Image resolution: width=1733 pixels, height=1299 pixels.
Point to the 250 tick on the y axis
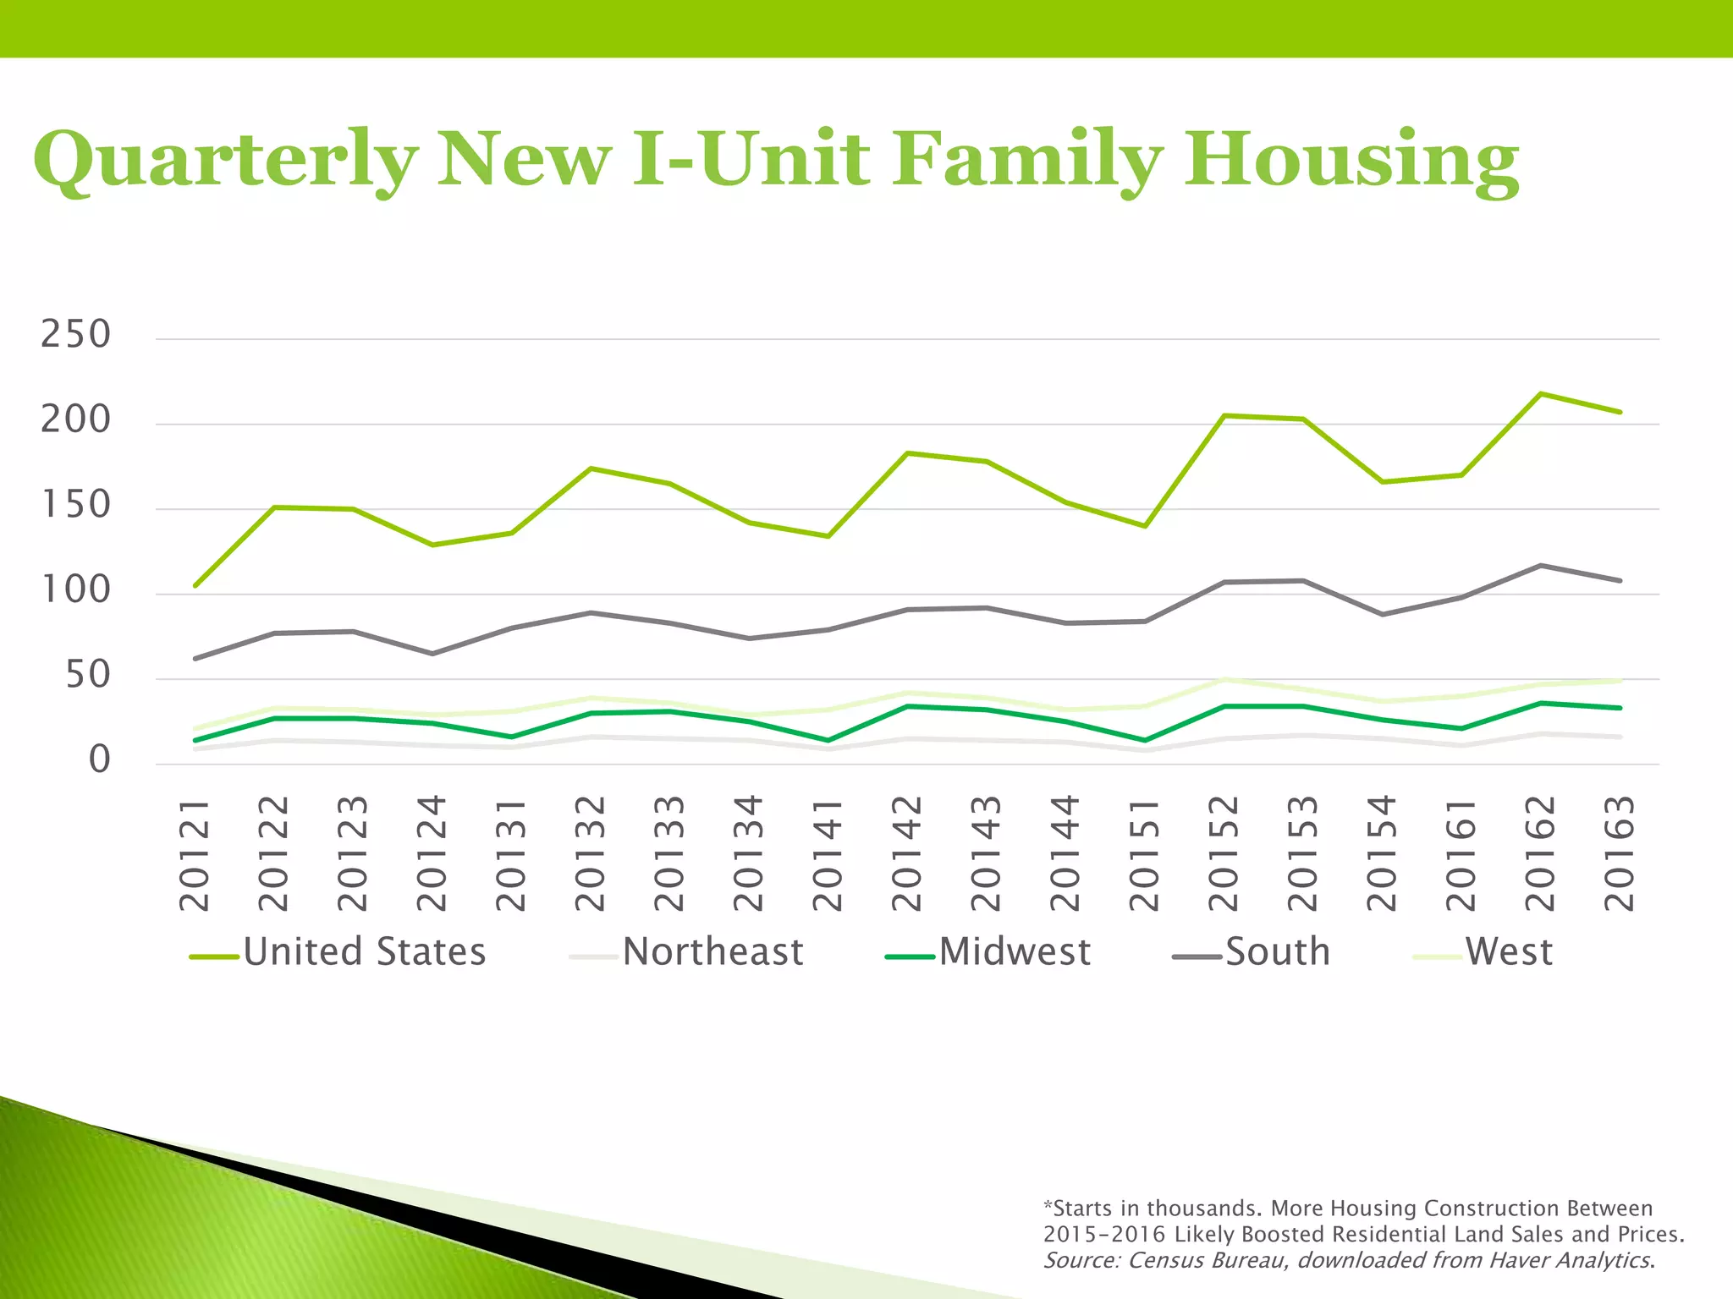click(76, 335)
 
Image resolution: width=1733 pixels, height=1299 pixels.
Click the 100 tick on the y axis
click(76, 590)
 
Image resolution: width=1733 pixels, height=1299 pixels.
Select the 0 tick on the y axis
click(100, 760)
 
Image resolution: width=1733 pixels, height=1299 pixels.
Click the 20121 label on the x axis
click(195, 854)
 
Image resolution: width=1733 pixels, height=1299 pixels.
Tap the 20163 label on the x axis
click(1620, 854)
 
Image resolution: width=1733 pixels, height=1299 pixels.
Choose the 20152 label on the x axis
click(1224, 854)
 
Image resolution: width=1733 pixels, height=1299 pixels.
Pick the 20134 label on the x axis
click(749, 854)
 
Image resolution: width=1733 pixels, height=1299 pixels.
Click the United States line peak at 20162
click(1541, 393)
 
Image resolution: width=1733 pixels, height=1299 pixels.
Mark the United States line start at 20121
click(195, 585)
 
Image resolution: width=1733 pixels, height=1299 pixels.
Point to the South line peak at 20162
click(1541, 565)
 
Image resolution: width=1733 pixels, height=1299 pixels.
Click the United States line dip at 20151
click(1145, 526)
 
